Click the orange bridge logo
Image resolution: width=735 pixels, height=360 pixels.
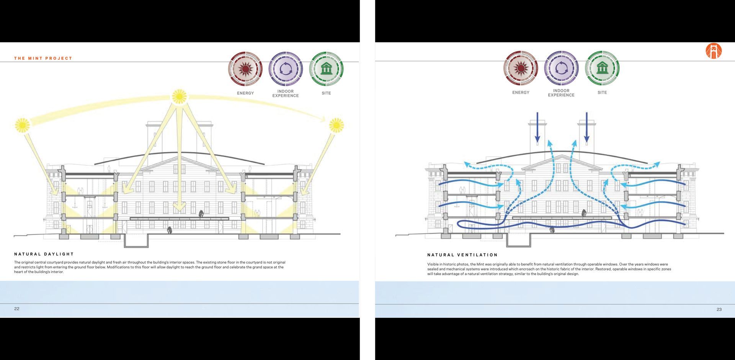(x=714, y=51)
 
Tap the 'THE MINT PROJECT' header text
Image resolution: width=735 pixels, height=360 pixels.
(x=43, y=58)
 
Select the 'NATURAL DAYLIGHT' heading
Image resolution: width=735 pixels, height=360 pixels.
(x=44, y=254)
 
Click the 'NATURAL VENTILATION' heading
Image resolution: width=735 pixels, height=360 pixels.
(x=462, y=255)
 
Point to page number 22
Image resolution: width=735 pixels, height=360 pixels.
(x=17, y=309)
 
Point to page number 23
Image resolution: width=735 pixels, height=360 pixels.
(x=719, y=309)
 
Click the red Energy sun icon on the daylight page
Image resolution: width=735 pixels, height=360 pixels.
(x=245, y=69)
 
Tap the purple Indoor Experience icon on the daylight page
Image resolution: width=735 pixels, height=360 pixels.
(x=286, y=69)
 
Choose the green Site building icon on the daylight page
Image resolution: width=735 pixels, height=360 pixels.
(x=326, y=69)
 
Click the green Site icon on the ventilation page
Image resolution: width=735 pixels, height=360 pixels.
(x=602, y=68)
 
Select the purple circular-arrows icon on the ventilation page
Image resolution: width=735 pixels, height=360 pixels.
(x=561, y=68)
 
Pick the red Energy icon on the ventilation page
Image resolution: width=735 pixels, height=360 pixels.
(x=521, y=68)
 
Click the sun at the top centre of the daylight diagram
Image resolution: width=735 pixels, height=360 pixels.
(x=179, y=97)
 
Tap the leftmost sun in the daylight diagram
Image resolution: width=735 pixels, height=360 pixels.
(x=22, y=125)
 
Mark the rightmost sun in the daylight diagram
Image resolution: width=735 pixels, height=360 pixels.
(x=336, y=125)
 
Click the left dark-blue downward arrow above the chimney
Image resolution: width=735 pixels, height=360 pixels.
(x=537, y=128)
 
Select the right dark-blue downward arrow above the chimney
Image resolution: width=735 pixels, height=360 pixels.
(x=586, y=128)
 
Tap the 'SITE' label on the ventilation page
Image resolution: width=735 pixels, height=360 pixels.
(x=602, y=93)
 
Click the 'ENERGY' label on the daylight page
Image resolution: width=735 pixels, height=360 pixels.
(x=245, y=93)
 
